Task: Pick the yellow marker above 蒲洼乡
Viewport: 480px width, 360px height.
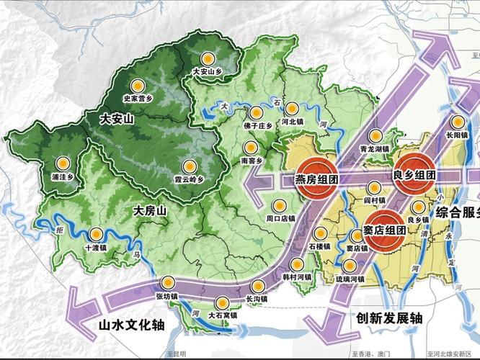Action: pos(63,161)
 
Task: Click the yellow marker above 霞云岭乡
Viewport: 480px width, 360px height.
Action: pos(190,165)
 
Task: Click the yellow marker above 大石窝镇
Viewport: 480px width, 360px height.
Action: pos(223,302)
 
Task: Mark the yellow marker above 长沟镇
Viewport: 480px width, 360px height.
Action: pos(259,285)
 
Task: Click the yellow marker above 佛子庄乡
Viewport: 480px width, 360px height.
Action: pos(256,112)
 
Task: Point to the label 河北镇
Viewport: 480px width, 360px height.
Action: pos(293,123)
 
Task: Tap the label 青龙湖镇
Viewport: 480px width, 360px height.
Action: pos(374,149)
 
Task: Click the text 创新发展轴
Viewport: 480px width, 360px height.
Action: pos(389,317)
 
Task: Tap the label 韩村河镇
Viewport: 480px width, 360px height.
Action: pos(296,276)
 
